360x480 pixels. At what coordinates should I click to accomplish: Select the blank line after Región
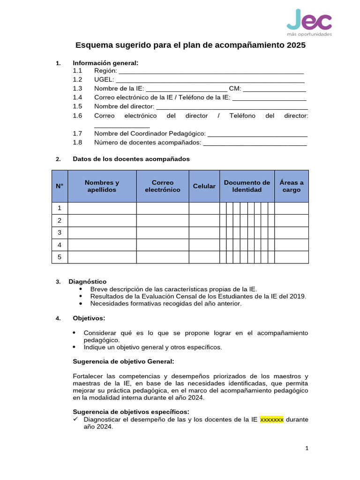(211, 71)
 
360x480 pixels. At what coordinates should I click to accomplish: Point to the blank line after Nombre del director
(232, 107)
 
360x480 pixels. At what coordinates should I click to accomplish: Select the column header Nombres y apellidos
(102, 186)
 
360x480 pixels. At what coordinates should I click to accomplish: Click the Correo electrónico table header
(162, 186)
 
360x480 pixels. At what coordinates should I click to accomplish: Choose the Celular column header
(204, 186)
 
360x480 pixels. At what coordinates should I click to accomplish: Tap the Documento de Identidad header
(247, 186)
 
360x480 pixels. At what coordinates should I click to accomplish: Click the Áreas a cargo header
(291, 186)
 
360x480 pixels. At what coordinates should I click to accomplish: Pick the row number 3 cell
(60, 232)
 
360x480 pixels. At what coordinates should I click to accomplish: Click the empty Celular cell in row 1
(204, 208)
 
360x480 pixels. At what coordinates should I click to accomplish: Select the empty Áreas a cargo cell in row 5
(291, 257)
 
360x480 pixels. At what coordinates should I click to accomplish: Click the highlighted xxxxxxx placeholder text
(272, 420)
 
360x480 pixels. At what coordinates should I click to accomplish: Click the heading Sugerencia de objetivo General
(123, 361)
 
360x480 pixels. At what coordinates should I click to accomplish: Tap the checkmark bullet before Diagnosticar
(76, 420)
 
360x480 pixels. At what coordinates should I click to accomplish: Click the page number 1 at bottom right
(307, 449)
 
